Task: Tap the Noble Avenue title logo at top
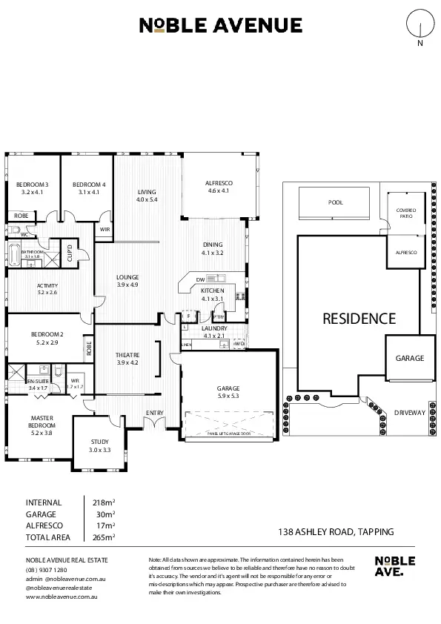[x=221, y=26]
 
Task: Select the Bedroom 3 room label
[x=33, y=188]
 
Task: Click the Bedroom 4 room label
[x=89, y=188]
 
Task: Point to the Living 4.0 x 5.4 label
[x=147, y=196]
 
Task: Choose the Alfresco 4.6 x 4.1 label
[x=219, y=186]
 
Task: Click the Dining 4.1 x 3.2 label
[x=212, y=248]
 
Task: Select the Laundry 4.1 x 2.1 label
[x=213, y=332]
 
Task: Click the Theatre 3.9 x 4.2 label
[x=127, y=359]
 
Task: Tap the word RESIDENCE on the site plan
[x=359, y=319]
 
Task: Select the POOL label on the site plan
[x=336, y=202]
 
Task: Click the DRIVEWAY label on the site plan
[x=408, y=412]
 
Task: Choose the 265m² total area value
[x=103, y=537]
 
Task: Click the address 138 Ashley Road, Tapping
[x=335, y=531]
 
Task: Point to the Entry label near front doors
[x=154, y=413]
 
